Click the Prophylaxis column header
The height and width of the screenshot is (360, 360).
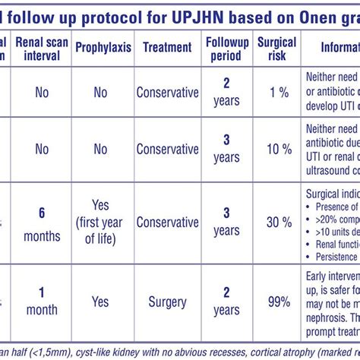tap(103, 47)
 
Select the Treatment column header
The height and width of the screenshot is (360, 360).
tap(167, 47)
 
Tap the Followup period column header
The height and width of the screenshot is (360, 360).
tap(226, 47)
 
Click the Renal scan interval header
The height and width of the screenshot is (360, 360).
tap(42, 47)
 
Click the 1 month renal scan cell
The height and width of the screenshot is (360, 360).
tap(42, 302)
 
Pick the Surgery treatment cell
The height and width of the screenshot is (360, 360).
tap(167, 302)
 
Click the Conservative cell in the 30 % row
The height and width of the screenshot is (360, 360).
tap(167, 222)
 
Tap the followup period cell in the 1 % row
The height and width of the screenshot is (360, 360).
tap(226, 93)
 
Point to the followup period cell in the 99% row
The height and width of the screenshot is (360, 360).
tap(226, 302)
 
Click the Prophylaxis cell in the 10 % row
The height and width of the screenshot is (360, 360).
tap(100, 150)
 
